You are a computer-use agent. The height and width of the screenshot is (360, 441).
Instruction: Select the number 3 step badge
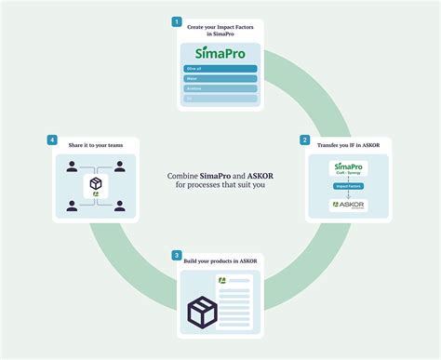click(177, 254)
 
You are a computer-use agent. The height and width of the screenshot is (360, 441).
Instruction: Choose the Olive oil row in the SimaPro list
click(220, 69)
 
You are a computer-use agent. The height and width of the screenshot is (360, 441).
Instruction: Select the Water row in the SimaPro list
click(220, 79)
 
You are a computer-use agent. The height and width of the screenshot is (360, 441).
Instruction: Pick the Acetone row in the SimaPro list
click(220, 88)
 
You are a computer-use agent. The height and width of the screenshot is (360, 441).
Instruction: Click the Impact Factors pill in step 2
click(349, 186)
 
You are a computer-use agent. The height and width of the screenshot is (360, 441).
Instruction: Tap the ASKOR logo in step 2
click(349, 204)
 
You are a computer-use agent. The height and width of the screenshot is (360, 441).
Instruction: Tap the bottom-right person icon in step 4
click(119, 205)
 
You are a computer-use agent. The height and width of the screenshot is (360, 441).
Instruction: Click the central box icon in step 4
click(94, 186)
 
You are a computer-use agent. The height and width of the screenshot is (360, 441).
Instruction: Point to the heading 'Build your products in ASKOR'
click(222, 260)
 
